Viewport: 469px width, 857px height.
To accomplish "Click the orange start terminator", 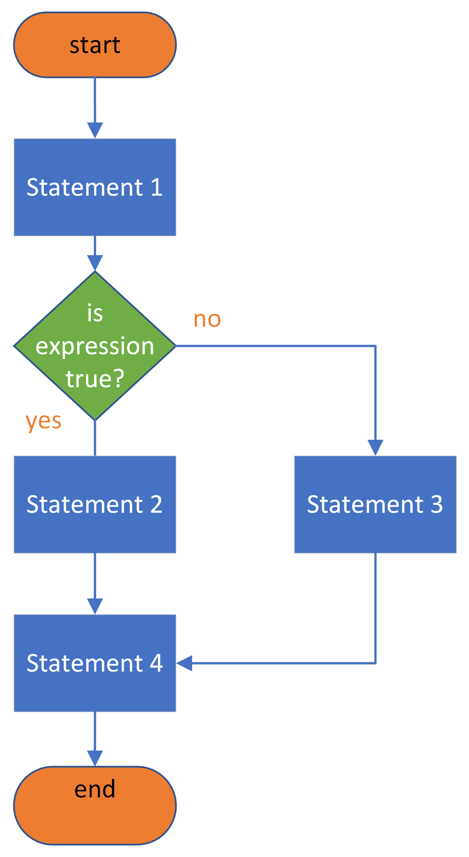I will click(x=95, y=45).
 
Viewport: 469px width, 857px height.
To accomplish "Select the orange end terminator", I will click(x=95, y=805).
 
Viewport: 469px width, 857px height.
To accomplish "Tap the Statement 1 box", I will click(x=95, y=187).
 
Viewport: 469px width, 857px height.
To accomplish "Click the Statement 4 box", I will click(x=95, y=663).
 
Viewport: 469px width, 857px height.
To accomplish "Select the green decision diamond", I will click(x=95, y=346).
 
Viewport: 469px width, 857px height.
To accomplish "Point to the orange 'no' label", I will click(x=207, y=319).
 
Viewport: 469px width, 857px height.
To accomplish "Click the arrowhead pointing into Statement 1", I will click(x=95, y=130).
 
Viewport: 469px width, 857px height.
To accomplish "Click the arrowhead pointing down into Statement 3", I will click(x=375, y=447).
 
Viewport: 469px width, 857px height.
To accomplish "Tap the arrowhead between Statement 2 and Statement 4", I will click(x=95, y=606).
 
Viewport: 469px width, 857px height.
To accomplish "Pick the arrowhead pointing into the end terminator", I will click(x=95, y=758).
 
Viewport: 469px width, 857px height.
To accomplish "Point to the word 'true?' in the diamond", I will click(x=95, y=379).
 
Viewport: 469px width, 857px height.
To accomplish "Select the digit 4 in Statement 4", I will click(x=156, y=663).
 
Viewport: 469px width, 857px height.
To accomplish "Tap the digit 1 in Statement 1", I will click(x=157, y=187).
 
